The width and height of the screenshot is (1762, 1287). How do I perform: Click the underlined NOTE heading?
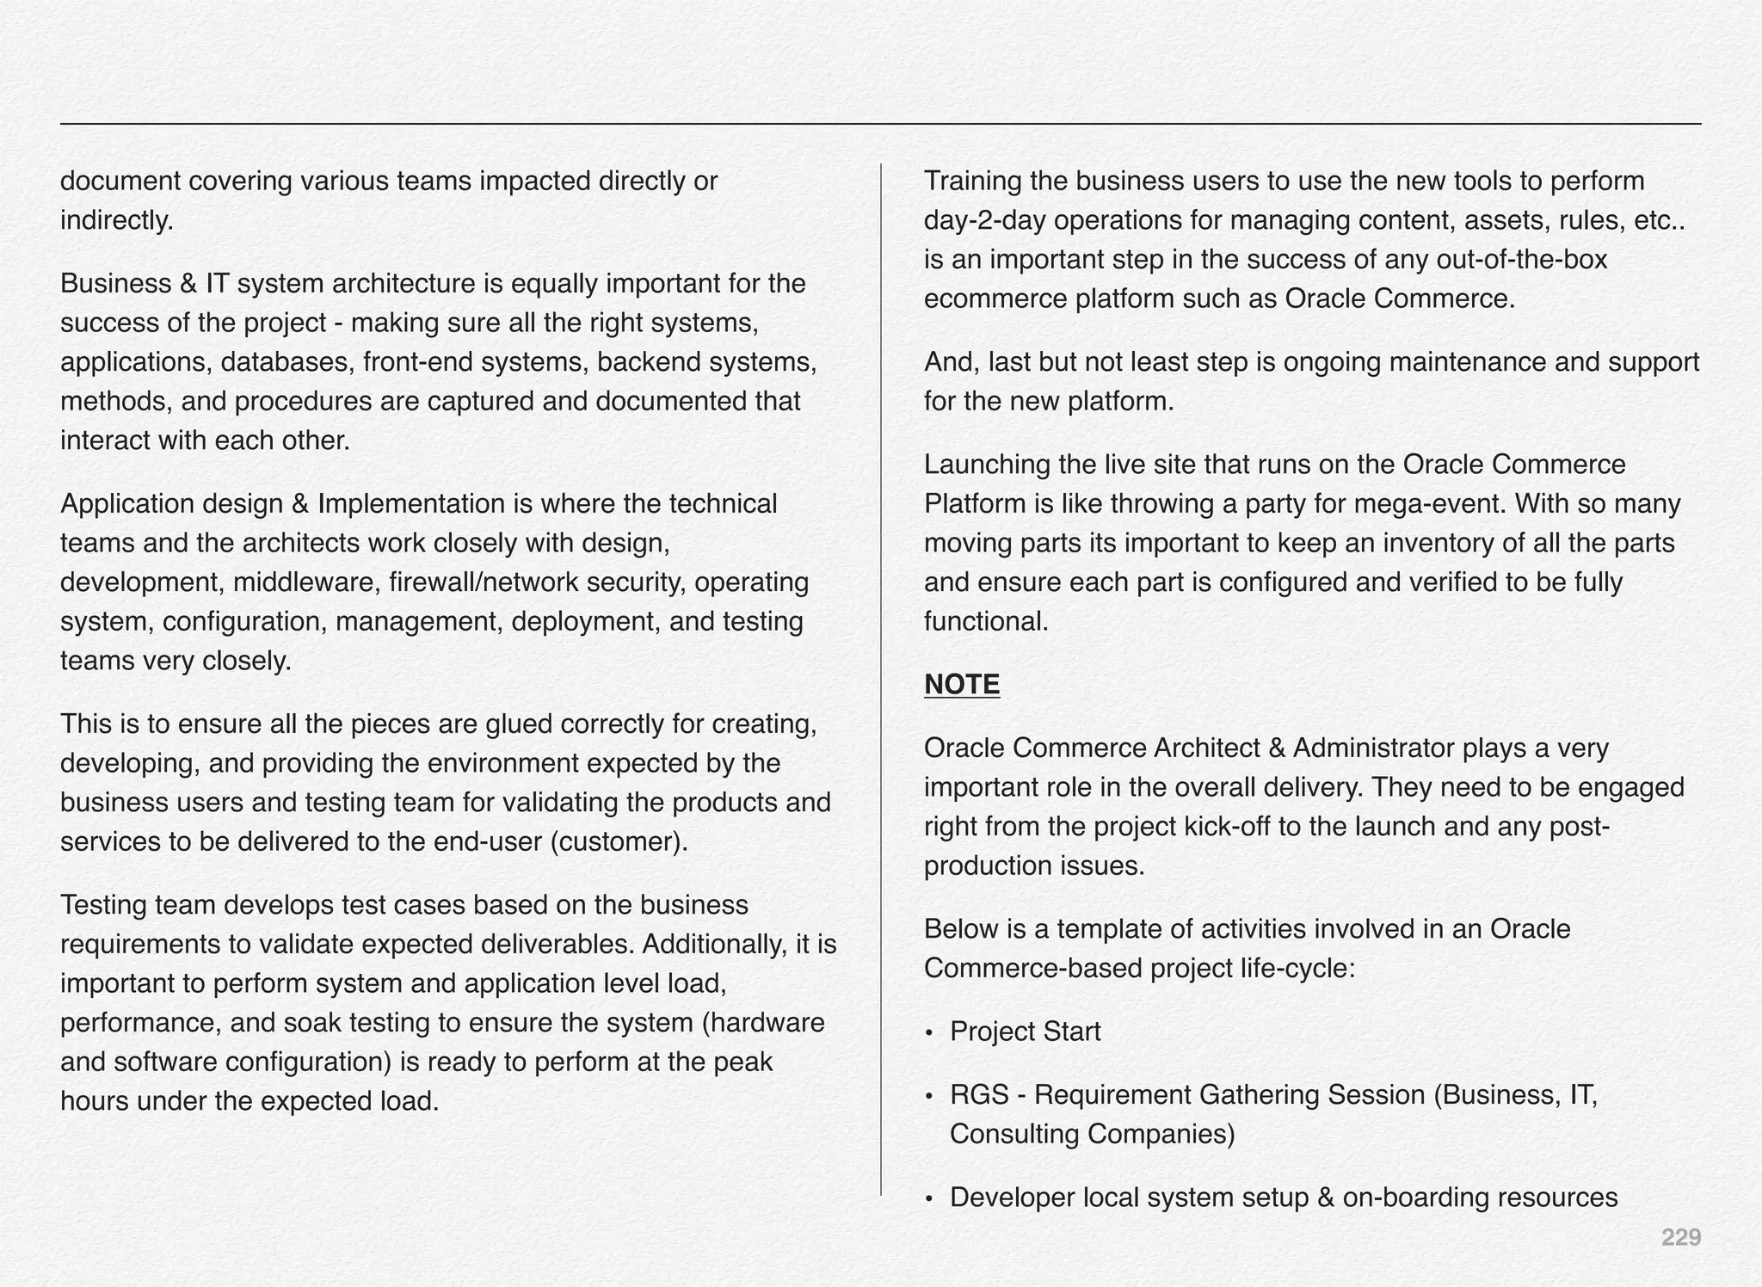coord(961,685)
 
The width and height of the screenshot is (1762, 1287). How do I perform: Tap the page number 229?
coord(1680,1237)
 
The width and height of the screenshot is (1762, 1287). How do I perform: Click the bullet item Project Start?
coord(1025,1031)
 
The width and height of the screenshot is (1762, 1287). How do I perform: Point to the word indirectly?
coord(116,221)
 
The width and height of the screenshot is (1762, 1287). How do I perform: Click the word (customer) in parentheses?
coord(619,841)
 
